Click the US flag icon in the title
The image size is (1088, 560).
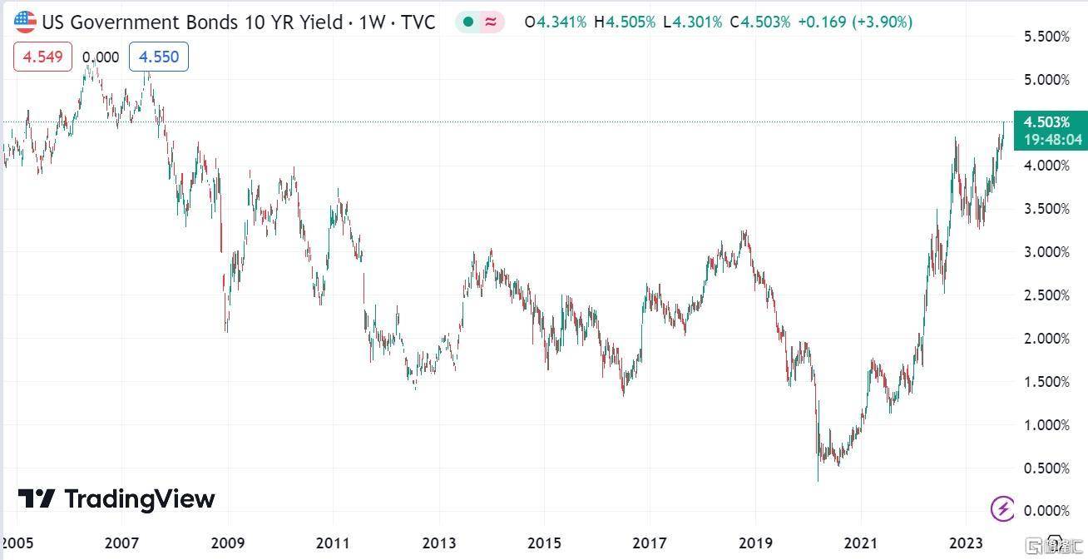25,22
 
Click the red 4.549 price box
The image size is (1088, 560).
42,57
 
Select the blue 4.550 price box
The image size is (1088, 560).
158,57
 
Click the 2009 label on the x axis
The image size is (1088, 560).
227,543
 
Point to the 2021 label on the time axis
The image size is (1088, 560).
860,543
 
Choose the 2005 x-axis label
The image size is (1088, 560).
17,543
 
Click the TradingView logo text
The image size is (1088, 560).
139,498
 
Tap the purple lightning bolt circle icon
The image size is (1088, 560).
1002,508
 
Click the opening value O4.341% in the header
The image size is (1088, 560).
556,22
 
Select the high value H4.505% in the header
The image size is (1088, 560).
624,22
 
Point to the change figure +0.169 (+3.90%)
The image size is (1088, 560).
854,22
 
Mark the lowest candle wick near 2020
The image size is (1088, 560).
818,479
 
